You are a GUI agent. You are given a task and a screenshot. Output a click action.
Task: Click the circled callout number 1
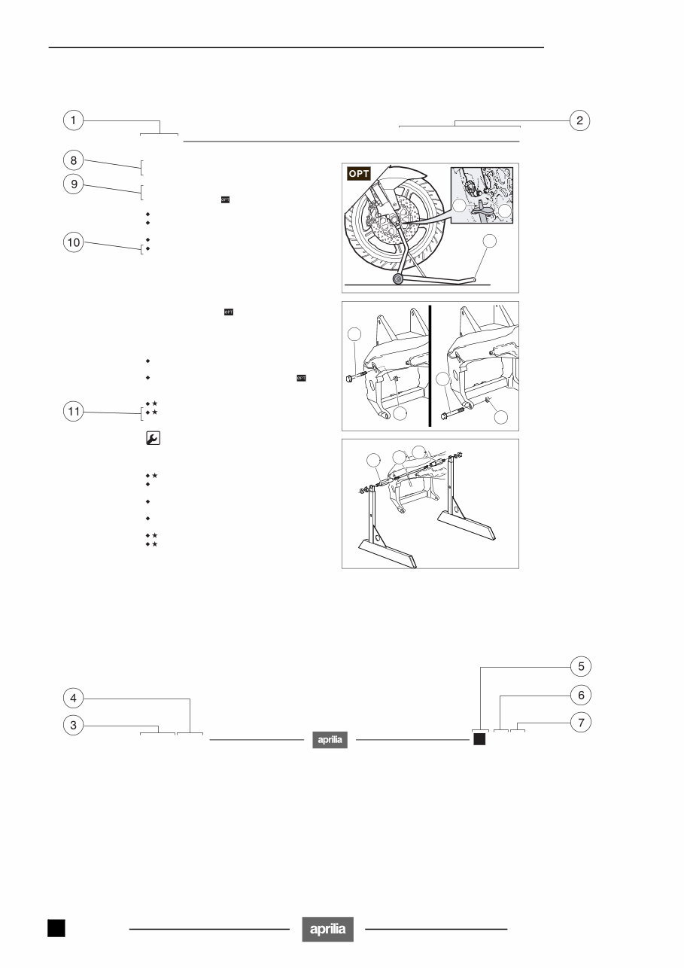(73, 120)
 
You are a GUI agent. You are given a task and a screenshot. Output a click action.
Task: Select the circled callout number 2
(579, 120)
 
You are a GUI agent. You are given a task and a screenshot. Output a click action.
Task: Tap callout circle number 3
(73, 726)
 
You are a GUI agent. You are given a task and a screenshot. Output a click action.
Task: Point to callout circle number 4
(73, 699)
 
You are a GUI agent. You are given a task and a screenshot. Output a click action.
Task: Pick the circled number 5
(579, 666)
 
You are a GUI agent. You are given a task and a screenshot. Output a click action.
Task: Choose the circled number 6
(579, 694)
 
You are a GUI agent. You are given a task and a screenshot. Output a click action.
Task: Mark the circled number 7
(579, 723)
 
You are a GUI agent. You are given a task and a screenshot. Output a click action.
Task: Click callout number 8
(73, 160)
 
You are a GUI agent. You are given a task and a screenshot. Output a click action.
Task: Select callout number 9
(73, 186)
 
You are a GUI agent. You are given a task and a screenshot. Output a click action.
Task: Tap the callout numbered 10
(73, 242)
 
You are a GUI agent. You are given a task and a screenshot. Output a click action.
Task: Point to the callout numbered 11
(73, 412)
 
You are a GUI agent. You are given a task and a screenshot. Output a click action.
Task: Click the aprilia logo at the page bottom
(328, 929)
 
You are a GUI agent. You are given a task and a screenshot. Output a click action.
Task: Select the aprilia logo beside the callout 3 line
(330, 741)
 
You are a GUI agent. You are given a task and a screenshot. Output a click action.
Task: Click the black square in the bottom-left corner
(56, 928)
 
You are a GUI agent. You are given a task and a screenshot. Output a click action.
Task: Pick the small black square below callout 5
(479, 740)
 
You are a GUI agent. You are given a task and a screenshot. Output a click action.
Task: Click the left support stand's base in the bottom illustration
(386, 552)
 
